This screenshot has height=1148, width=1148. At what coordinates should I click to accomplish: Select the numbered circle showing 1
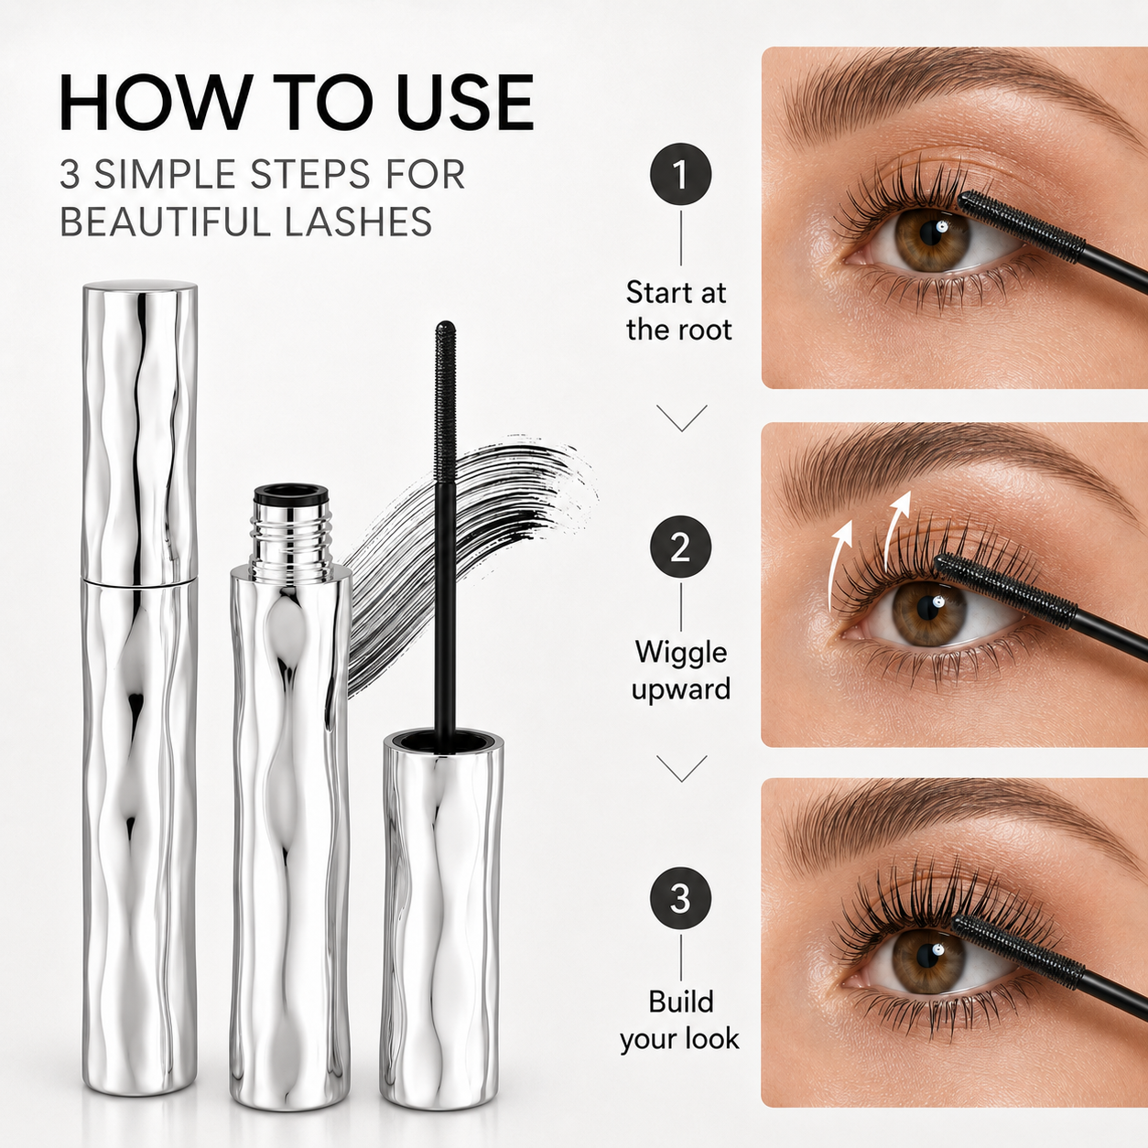coord(680,175)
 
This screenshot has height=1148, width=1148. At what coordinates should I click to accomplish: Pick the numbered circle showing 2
coord(680,547)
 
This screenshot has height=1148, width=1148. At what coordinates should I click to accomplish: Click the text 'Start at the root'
coord(678,311)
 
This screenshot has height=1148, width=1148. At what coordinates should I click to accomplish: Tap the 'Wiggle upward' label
coord(681,671)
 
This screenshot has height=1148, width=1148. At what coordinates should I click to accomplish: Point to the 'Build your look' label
coord(680,1020)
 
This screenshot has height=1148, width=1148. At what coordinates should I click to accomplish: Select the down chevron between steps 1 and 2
coord(681,418)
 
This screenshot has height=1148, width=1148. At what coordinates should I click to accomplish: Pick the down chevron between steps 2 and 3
coord(681,768)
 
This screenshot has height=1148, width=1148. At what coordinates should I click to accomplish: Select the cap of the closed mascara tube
coord(140,432)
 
